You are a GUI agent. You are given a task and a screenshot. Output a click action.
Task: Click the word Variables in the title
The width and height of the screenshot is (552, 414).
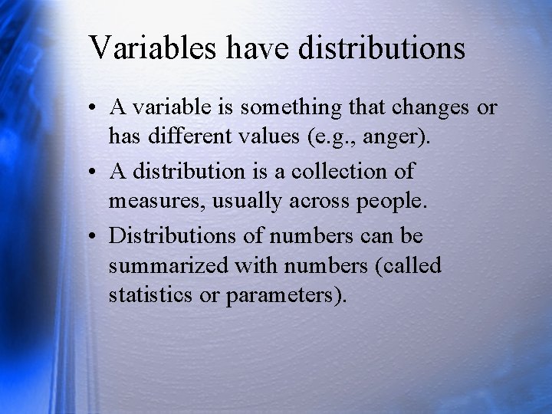[152, 47]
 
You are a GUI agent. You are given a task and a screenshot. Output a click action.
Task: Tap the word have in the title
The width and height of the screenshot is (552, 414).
[258, 47]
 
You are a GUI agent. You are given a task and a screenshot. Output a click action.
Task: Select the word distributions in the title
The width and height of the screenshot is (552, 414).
[382, 47]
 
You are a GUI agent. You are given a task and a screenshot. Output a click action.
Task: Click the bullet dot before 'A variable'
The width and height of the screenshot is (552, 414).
[92, 107]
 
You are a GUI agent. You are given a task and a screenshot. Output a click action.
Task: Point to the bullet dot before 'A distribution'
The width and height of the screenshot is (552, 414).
[92, 172]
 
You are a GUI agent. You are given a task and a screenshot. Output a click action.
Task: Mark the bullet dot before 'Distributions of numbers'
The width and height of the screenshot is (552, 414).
[92, 236]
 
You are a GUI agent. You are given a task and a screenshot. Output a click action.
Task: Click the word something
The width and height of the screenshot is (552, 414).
[291, 107]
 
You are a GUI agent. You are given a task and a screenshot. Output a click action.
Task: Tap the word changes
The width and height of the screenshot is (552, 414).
[430, 107]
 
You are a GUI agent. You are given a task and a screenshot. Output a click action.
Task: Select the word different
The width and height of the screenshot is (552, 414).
[190, 136]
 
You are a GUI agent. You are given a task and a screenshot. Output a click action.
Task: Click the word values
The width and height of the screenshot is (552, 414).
[269, 136]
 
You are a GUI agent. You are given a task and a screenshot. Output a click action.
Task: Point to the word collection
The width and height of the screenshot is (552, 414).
[339, 172]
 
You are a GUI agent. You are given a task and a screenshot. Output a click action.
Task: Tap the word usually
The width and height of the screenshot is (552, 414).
[247, 202]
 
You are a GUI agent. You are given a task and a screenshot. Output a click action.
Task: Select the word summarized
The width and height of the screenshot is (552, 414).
[169, 265]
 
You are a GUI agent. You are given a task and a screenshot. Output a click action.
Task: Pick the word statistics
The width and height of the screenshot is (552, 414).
[150, 294]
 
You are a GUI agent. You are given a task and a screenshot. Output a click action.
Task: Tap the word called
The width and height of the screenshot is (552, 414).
[412, 264]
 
